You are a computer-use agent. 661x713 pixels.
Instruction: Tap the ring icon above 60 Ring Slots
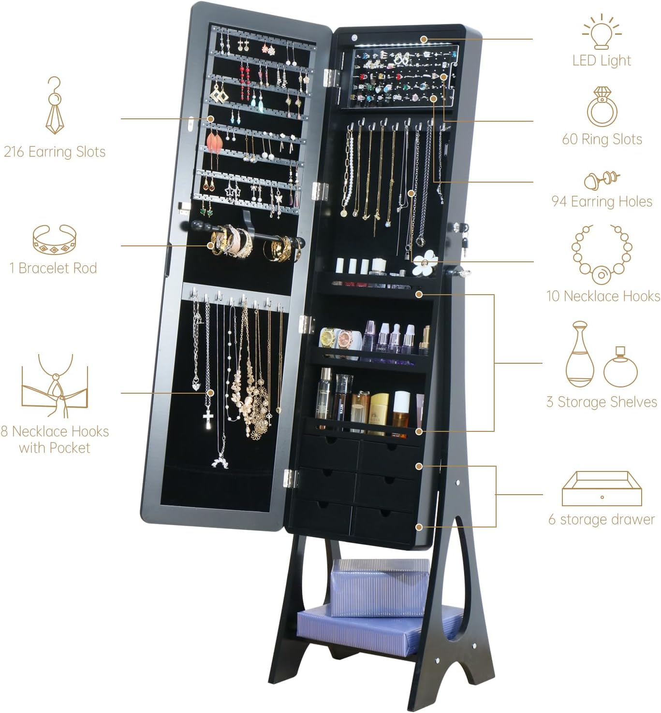(602, 107)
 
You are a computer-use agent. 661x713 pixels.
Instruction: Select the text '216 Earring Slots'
(55, 152)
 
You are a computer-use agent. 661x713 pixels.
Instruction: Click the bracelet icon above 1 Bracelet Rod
(55, 239)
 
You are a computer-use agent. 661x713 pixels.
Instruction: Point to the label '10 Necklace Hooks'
(603, 296)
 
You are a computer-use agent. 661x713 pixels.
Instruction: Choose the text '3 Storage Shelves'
(602, 402)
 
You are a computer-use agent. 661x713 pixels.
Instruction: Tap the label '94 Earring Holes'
(602, 201)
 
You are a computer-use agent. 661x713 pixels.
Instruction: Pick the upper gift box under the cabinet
(380, 586)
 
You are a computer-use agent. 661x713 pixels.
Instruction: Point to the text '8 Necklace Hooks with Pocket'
(55, 439)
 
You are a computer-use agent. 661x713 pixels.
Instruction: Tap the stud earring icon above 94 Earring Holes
(602, 180)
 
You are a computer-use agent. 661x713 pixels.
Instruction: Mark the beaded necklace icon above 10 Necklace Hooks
(602, 254)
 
